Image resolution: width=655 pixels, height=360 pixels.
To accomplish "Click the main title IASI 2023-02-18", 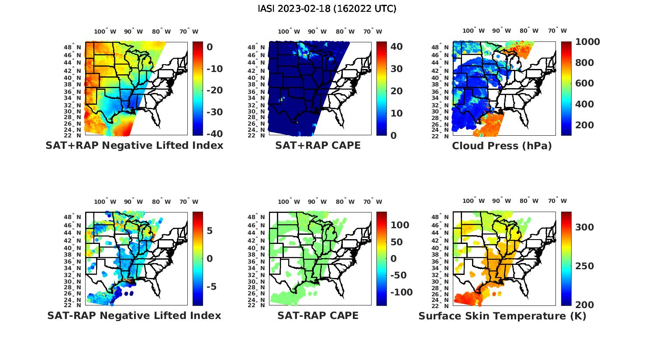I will pyautogui.click(x=327, y=9).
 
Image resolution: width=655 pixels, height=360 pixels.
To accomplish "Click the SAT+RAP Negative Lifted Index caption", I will pyautogui.click(x=134, y=145).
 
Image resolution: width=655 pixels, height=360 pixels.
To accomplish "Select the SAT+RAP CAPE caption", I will pyautogui.click(x=318, y=145).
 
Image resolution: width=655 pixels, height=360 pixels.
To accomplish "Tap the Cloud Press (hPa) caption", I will pyautogui.click(x=502, y=146).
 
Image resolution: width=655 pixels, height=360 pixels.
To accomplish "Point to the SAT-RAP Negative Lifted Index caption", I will pyautogui.click(x=134, y=315).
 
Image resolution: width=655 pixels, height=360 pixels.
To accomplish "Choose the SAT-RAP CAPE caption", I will pyautogui.click(x=318, y=315).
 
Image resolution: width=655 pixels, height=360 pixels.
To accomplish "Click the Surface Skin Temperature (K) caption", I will pyautogui.click(x=502, y=316).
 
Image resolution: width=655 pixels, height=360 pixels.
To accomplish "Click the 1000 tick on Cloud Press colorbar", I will pyautogui.click(x=587, y=42).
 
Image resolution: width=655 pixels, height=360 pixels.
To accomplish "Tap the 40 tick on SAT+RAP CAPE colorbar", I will pyautogui.click(x=396, y=46).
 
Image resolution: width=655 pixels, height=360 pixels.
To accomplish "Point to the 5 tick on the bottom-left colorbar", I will pyautogui.click(x=210, y=230).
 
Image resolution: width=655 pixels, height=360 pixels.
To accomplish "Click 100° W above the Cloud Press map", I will pyautogui.click(x=474, y=31).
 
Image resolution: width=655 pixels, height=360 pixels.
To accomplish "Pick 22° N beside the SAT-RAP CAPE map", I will pyautogui.click(x=256, y=305).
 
